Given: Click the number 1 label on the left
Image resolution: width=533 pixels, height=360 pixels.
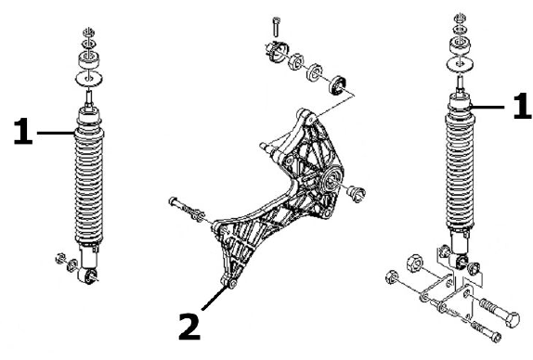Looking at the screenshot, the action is pyautogui.click(x=23, y=131).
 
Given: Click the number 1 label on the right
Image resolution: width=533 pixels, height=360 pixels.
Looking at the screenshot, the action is pyautogui.click(x=522, y=106).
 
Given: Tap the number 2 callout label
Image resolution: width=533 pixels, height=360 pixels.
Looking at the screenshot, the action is pyautogui.click(x=189, y=327).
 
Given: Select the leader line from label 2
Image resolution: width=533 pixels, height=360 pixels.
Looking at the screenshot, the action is pyautogui.click(x=214, y=298).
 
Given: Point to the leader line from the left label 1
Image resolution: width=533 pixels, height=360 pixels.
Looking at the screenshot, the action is pyautogui.click(x=56, y=133).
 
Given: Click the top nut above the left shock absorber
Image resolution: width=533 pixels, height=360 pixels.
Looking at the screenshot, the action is pyautogui.click(x=89, y=33).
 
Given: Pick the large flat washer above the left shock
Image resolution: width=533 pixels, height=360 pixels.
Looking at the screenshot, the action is pyautogui.click(x=89, y=79).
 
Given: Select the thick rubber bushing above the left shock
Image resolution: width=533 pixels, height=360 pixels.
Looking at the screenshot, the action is pyautogui.click(x=89, y=59).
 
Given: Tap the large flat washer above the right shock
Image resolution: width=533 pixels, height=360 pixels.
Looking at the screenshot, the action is pyautogui.click(x=461, y=64).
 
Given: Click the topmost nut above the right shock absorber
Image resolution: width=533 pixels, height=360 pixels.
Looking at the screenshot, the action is pyautogui.click(x=461, y=17).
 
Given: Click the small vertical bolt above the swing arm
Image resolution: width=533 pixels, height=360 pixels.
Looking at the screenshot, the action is pyautogui.click(x=276, y=26).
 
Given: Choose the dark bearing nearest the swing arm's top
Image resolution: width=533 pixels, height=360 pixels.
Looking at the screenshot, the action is pyautogui.click(x=338, y=85).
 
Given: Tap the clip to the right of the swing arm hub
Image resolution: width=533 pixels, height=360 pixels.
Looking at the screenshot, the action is pyautogui.click(x=357, y=194).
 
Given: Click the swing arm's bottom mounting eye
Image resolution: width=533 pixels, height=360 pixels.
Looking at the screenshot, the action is pyautogui.click(x=232, y=284).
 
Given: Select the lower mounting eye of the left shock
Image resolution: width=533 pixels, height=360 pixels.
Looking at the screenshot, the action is pyautogui.click(x=90, y=276).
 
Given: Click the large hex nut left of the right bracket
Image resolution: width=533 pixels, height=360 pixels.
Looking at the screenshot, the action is pyautogui.click(x=414, y=263).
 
